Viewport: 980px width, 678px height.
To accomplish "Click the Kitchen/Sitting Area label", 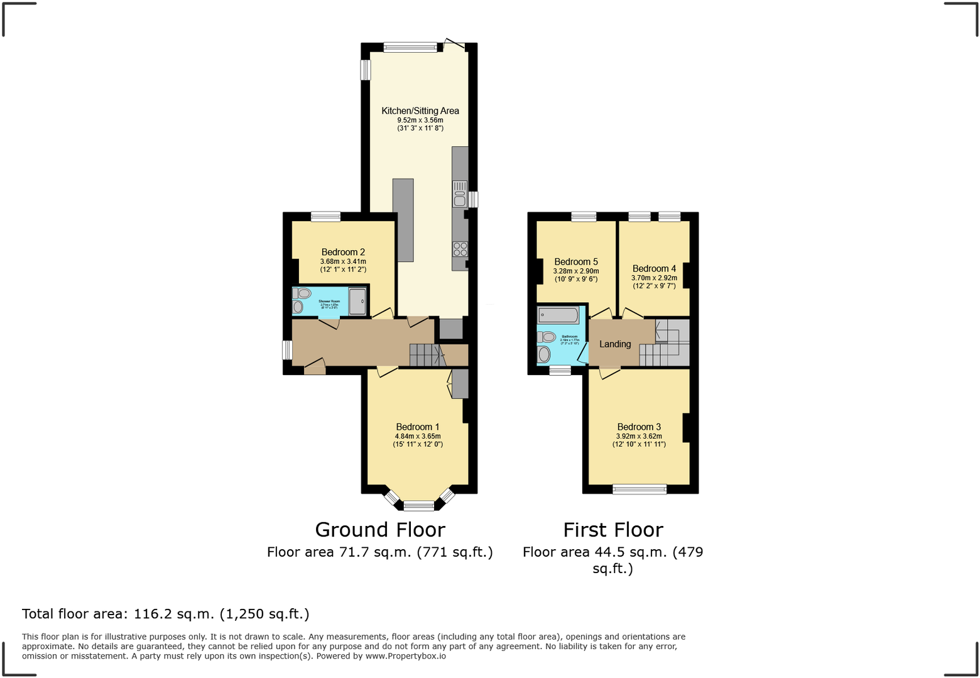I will [x=420, y=111].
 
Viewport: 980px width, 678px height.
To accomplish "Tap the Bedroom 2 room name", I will [x=343, y=252].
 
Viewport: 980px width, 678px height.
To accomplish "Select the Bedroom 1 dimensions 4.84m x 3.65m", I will [x=418, y=436].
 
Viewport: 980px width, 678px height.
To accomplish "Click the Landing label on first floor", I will [x=614, y=344].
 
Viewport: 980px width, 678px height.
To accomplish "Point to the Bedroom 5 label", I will [x=575, y=261].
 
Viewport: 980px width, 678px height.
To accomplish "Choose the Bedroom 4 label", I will [x=654, y=268].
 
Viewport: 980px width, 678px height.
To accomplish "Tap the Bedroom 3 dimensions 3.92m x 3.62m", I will [x=639, y=436].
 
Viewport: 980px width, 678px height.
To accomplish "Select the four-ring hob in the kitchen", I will [x=460, y=249].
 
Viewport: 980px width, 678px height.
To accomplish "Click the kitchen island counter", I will [x=403, y=220].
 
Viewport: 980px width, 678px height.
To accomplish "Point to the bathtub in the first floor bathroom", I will [x=558, y=315].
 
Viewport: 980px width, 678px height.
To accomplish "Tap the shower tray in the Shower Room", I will [x=357, y=302].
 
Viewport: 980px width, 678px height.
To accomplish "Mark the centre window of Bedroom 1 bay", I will [x=419, y=505].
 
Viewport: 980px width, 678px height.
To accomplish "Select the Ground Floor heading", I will [x=379, y=530].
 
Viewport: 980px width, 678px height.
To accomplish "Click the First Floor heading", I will [x=612, y=530].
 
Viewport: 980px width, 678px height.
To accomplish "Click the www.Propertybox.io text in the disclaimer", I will [x=405, y=656].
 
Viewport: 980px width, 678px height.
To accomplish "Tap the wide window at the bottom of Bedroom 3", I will [x=640, y=489].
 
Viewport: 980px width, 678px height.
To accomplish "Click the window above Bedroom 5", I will [x=584, y=217].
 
